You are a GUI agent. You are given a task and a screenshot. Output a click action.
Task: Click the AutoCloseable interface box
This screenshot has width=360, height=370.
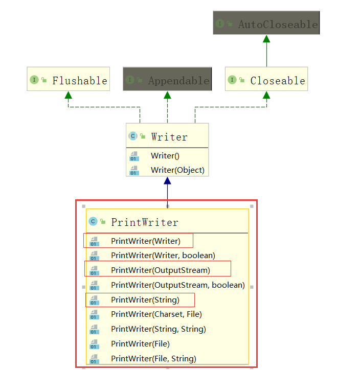pyautogui.click(x=266, y=24)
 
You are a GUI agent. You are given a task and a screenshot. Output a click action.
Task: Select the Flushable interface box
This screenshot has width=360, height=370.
pyautogui.click(x=68, y=80)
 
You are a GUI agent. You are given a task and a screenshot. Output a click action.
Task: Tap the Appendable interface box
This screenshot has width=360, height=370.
pyautogui.click(x=167, y=80)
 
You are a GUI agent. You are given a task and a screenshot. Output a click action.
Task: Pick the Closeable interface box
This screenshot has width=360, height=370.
pyautogui.click(x=266, y=80)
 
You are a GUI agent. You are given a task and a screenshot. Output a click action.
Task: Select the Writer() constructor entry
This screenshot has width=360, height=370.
pyautogui.click(x=165, y=156)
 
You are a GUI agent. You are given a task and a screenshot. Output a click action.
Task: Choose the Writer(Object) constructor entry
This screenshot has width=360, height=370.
pyautogui.click(x=177, y=170)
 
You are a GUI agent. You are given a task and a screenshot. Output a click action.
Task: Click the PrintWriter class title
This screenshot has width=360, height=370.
pyautogui.click(x=144, y=222)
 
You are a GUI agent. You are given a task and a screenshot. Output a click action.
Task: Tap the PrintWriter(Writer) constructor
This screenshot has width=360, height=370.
pyautogui.click(x=145, y=241)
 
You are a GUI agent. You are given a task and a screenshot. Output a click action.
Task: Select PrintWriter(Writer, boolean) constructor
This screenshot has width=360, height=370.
pyautogui.click(x=163, y=255)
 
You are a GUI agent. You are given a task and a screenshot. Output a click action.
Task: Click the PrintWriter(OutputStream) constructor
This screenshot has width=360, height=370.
pyautogui.click(x=160, y=270)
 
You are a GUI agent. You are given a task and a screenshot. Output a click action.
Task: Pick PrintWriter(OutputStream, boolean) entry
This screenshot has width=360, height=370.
pyautogui.click(x=177, y=285)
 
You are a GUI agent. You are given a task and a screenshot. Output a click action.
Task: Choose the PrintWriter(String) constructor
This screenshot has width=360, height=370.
pyautogui.click(x=145, y=299)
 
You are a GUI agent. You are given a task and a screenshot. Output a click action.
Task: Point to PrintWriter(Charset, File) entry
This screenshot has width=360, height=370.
pyautogui.click(x=156, y=314)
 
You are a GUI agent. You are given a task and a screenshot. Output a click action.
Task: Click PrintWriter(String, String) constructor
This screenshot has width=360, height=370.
pyautogui.click(x=158, y=329)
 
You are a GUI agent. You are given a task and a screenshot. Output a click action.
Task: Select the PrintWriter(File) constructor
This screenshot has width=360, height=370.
pyautogui.click(x=140, y=344)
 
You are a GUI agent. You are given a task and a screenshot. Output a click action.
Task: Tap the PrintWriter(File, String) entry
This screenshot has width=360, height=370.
pyautogui.click(x=153, y=359)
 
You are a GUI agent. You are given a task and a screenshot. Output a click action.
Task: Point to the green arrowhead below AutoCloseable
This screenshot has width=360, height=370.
pyautogui.click(x=266, y=39)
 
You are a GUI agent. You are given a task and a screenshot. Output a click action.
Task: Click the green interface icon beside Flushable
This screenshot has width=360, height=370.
pyautogui.click(x=34, y=80)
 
